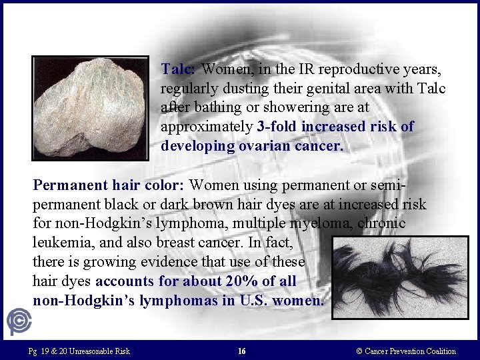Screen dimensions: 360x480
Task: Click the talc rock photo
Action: pyautogui.click(x=91, y=108)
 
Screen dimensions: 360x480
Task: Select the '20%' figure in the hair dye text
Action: pyautogui.click(x=228, y=281)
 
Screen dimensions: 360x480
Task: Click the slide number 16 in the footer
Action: pyautogui.click(x=241, y=351)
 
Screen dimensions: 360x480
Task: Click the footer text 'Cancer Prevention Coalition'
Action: pyautogui.click(x=411, y=351)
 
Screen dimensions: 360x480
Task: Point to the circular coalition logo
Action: pyautogui.click(x=19, y=321)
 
